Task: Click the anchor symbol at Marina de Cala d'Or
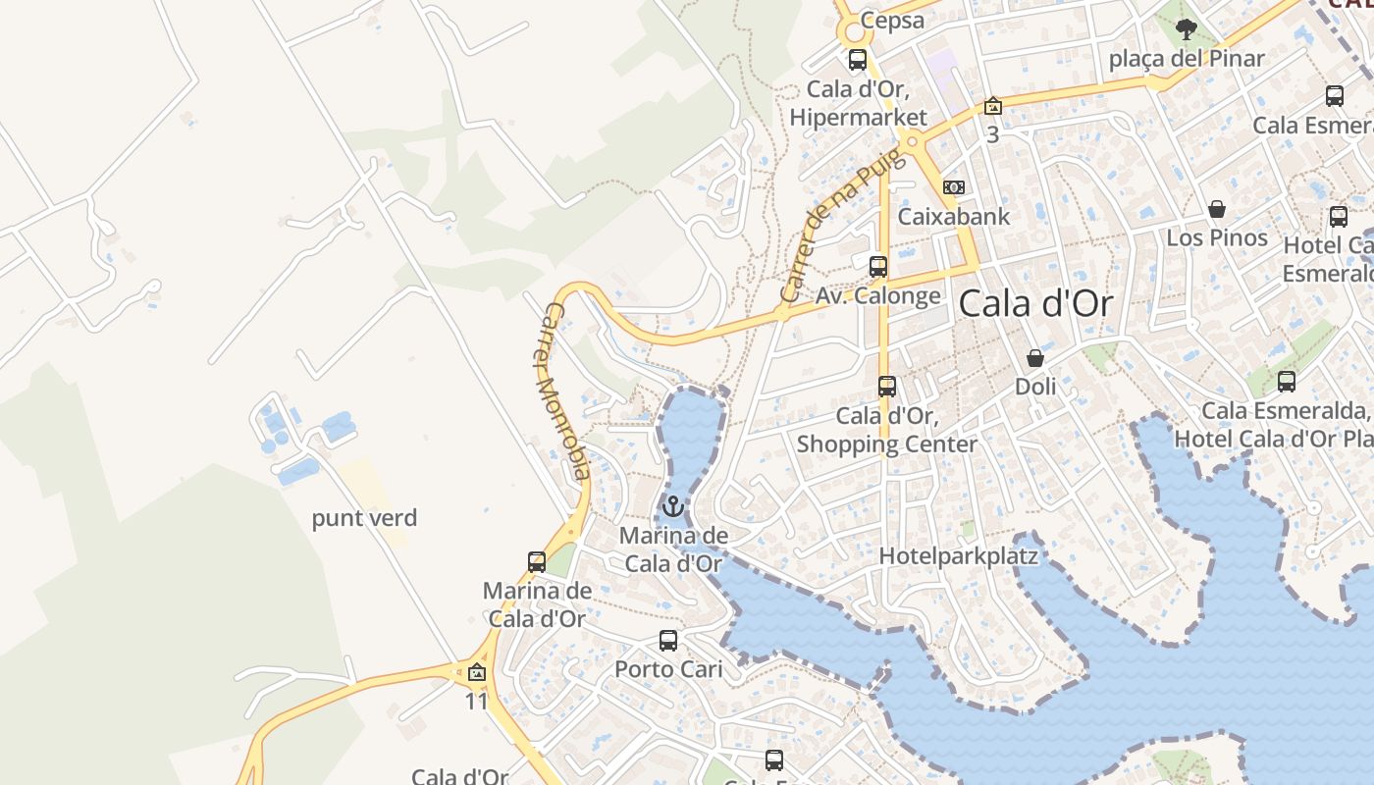[x=673, y=506]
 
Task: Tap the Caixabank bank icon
[x=954, y=187]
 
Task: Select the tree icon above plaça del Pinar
[x=1187, y=28]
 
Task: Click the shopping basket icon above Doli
[x=1035, y=358]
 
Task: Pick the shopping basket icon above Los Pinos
[x=1217, y=209]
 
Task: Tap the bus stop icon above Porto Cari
[x=668, y=641]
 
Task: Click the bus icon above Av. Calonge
[x=878, y=266]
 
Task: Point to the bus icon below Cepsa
[x=858, y=59]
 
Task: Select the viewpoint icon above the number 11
[x=477, y=672]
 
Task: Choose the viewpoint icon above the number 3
[x=993, y=106]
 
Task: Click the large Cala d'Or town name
[x=1036, y=304]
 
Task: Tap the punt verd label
[x=365, y=518]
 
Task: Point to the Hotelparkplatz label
[x=958, y=556]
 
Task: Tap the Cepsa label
[x=892, y=21]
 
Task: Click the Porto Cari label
[x=668, y=669]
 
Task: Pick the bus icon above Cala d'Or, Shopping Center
[x=887, y=387]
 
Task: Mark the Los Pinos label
[x=1217, y=237]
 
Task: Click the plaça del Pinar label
[x=1187, y=59]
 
